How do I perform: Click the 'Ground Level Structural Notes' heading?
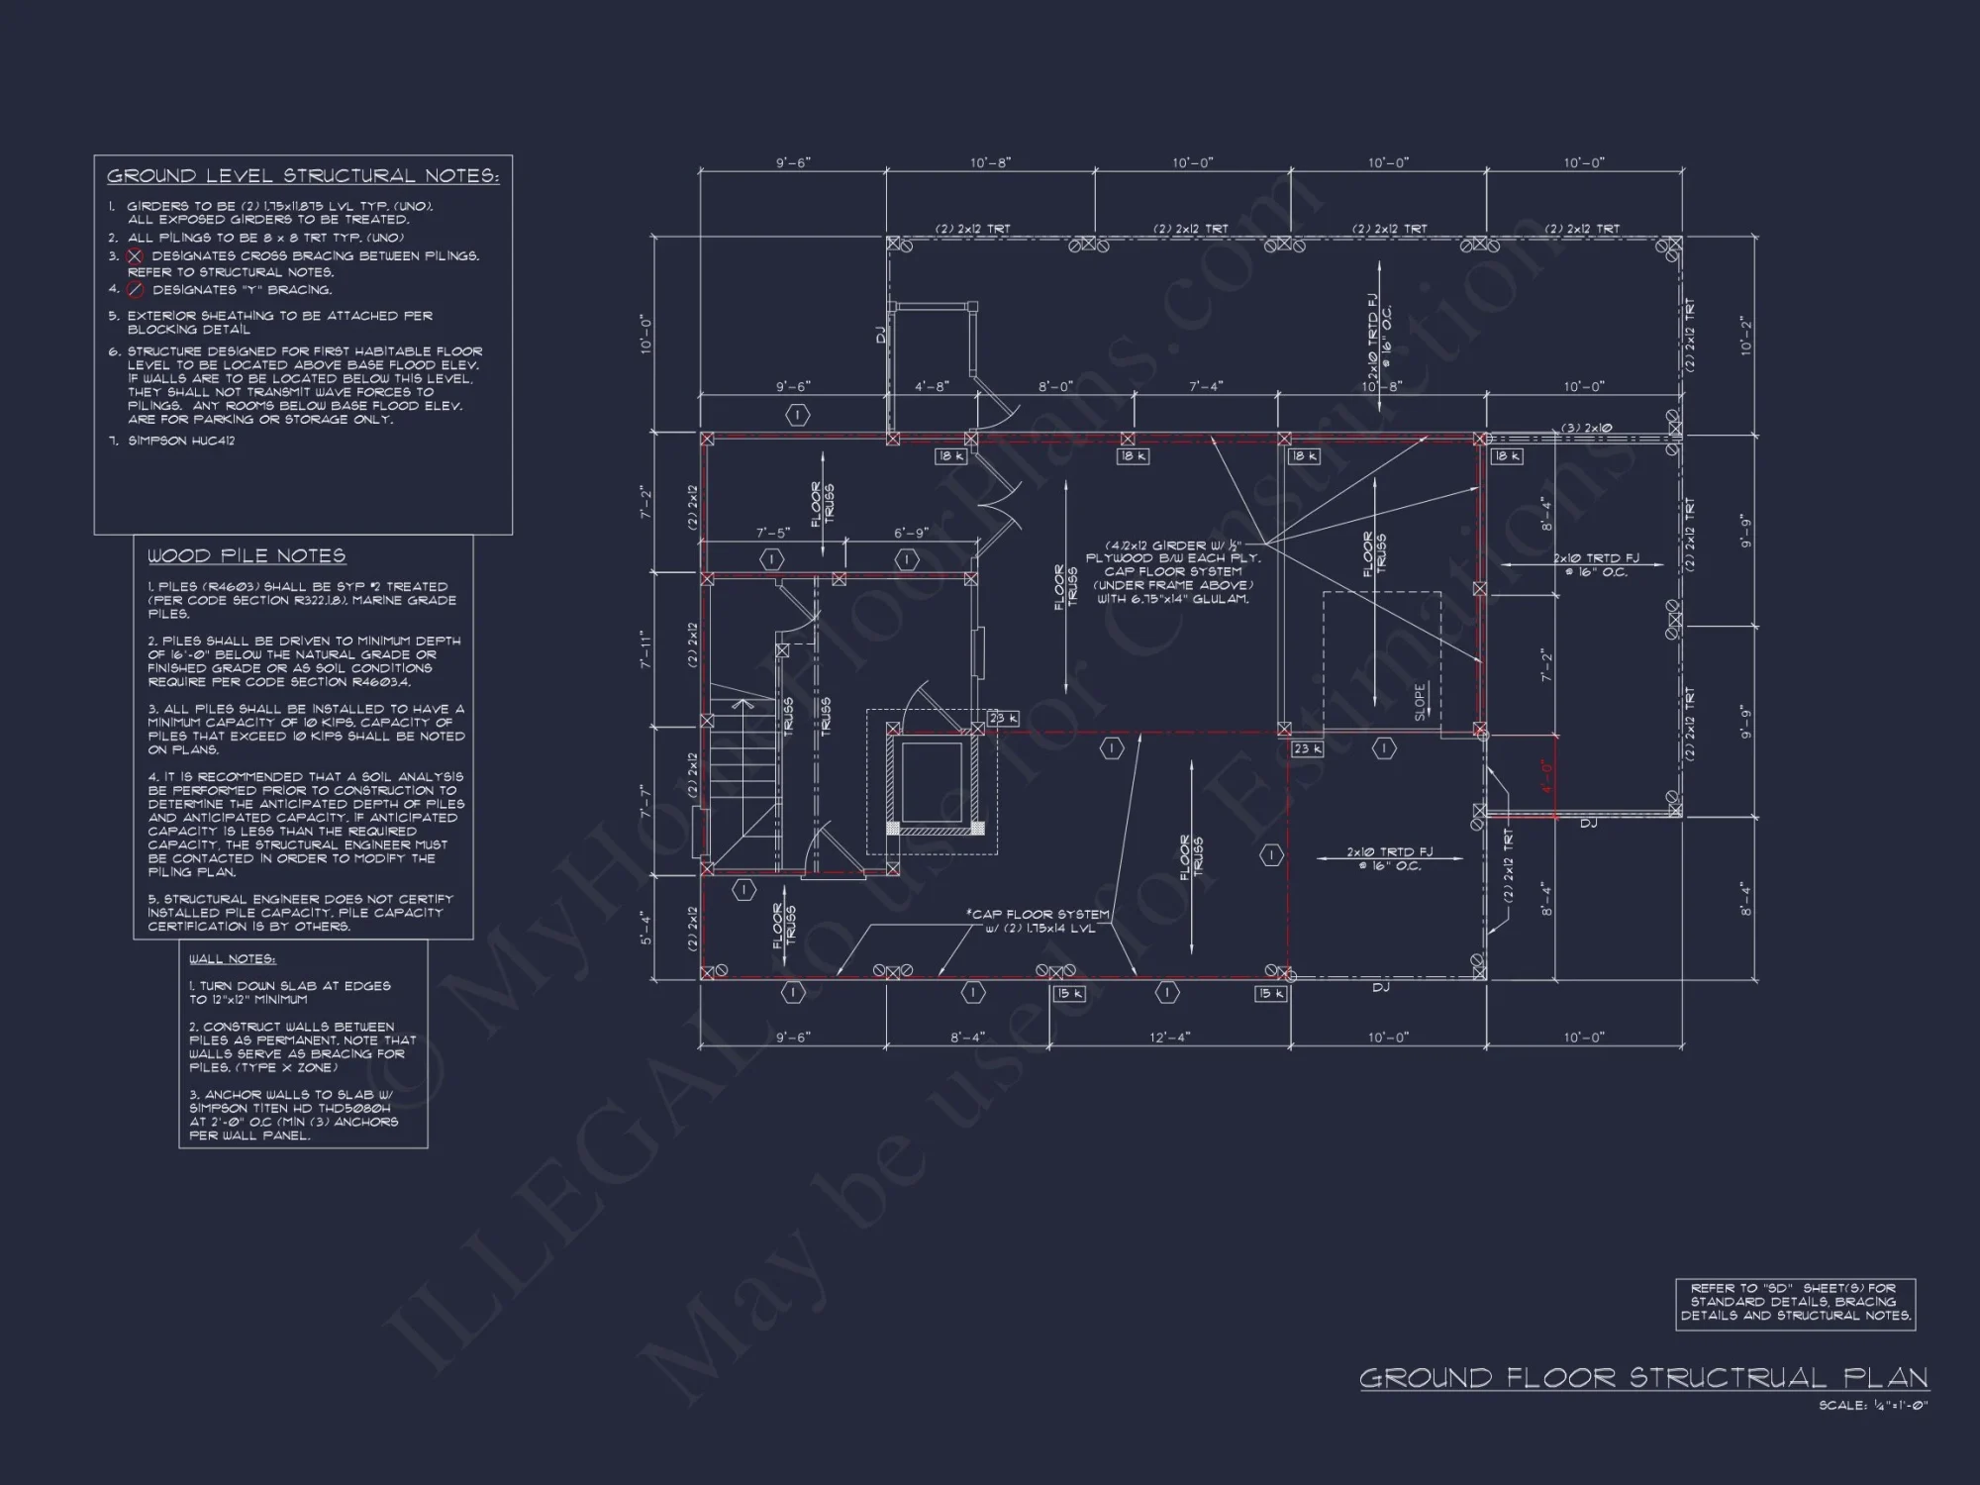click(303, 176)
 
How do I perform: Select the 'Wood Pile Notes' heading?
click(247, 556)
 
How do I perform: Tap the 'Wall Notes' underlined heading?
click(233, 959)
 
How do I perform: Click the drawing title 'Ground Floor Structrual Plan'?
click(1643, 1378)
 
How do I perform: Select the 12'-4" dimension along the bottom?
click(1169, 1038)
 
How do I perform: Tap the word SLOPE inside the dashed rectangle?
click(1421, 702)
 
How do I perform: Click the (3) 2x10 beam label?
click(1586, 429)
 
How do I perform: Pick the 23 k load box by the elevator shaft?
click(1002, 719)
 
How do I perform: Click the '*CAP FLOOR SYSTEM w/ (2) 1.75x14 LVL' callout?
click(1038, 922)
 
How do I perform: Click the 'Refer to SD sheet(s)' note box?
click(1795, 1303)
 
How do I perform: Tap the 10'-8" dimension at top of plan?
click(990, 162)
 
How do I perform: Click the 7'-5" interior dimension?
click(773, 534)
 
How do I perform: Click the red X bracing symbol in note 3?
click(136, 256)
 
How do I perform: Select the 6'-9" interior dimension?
click(911, 534)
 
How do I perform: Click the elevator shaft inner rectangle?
click(932, 780)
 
